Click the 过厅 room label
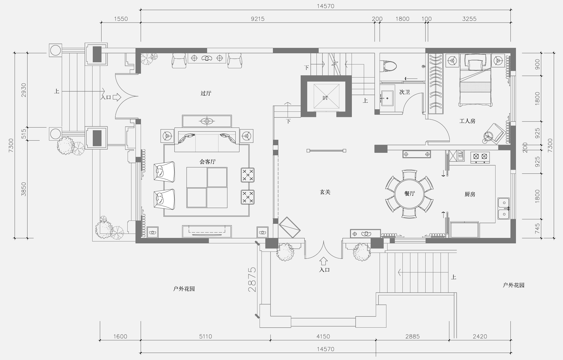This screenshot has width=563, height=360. point(206,93)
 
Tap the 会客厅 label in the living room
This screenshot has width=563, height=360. point(207,162)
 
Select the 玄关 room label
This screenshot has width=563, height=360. point(325,192)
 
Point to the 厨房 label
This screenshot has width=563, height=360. point(470,194)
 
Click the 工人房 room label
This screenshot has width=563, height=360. point(467,121)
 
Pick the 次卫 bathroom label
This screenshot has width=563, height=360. point(404,92)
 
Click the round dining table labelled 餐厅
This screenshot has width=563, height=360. point(409,194)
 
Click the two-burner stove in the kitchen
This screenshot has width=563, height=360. point(480,157)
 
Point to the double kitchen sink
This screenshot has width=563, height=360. point(504,209)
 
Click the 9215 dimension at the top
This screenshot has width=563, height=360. point(257,19)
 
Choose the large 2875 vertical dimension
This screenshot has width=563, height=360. point(252,280)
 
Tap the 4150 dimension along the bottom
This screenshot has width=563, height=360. point(323,336)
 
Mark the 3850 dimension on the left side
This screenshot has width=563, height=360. point(24,189)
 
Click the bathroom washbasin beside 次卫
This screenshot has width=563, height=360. point(387,98)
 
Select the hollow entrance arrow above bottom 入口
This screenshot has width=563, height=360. point(324,261)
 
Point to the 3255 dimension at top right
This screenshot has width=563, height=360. point(469,19)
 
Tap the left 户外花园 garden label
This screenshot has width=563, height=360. point(184,289)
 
